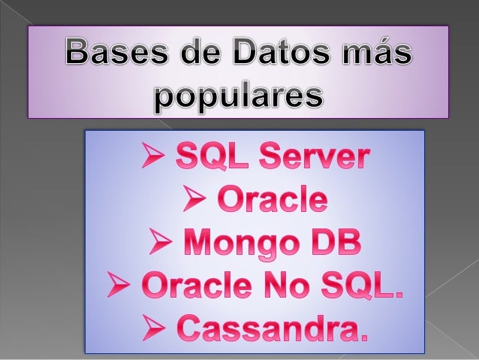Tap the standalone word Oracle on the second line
[x=271, y=201]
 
